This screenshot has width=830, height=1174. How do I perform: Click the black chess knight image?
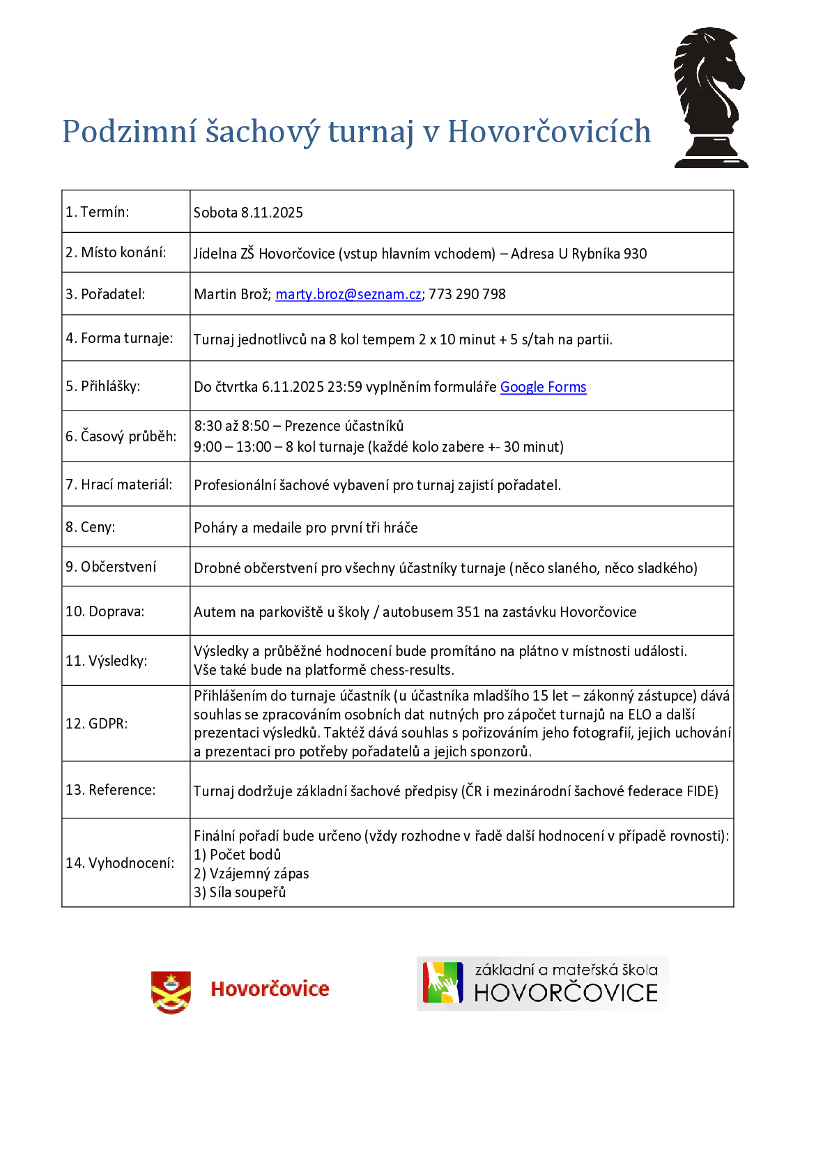[x=710, y=98]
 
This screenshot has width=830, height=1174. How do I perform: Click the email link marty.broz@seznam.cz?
[x=348, y=294]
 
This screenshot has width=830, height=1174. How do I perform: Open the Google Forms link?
[x=543, y=387]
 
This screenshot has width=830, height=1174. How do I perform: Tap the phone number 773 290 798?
[x=467, y=294]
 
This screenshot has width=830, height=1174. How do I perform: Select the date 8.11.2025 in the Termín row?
[x=272, y=213]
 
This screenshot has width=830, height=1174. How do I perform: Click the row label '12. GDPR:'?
[x=96, y=724]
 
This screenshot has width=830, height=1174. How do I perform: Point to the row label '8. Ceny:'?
[x=90, y=527]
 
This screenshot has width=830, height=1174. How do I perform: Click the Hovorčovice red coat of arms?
[x=171, y=991]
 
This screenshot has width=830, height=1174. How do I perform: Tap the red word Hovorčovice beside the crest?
[x=270, y=989]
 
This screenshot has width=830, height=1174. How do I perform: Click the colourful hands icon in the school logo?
[x=443, y=983]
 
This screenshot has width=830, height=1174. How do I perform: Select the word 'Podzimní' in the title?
[x=129, y=132]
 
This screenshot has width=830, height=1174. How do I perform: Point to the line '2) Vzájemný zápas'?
[x=251, y=874]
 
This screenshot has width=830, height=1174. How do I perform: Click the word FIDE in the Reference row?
[x=702, y=791]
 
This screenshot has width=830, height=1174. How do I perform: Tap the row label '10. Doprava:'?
[x=105, y=611]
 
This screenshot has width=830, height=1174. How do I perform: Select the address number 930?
[x=635, y=254]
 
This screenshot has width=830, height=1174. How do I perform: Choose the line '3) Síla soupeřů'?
[x=240, y=892]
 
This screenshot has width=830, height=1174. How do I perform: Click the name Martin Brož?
[x=231, y=294]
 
